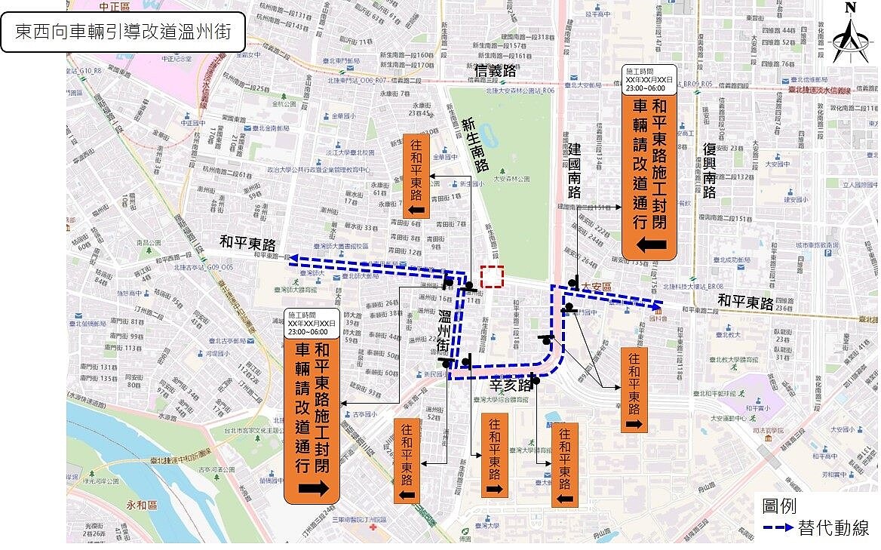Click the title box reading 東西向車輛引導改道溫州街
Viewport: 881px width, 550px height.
tap(124, 32)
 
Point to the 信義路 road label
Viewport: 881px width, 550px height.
tap(496, 71)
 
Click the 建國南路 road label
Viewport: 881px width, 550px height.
tap(574, 171)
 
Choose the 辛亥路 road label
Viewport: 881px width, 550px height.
tap(511, 386)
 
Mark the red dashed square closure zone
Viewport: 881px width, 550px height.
tap(492, 276)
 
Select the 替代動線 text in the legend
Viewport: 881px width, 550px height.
tap(833, 528)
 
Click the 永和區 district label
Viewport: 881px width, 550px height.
tap(141, 505)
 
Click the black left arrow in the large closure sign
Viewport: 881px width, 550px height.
tap(649, 244)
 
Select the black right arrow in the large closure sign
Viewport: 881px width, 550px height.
tap(312, 488)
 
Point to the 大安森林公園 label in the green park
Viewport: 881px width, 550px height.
tap(511, 180)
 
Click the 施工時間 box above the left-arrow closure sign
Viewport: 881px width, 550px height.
tap(649, 78)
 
